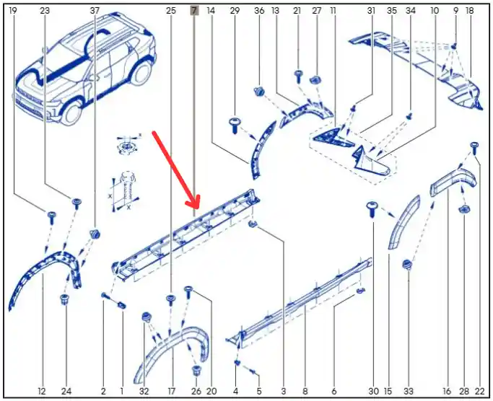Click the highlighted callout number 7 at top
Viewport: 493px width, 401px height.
[194, 11]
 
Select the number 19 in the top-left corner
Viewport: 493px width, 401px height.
[13, 11]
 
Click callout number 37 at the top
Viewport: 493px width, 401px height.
[95, 11]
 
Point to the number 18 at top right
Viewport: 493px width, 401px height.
[469, 11]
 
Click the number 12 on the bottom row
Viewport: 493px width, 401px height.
[42, 391]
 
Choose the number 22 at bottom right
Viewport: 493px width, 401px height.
[480, 391]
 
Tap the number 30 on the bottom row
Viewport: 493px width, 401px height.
[373, 391]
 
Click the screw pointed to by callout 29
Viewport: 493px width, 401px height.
[235, 125]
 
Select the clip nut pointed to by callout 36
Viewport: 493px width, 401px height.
[259, 92]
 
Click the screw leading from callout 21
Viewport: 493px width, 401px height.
[298, 76]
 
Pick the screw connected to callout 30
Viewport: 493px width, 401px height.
[372, 209]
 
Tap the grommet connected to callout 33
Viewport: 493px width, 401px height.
[408, 265]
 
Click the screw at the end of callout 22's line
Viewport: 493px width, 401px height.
[474, 148]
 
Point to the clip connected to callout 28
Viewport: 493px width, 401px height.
[463, 208]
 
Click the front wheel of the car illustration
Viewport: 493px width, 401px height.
[73, 113]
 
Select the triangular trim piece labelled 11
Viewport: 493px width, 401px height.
[332, 138]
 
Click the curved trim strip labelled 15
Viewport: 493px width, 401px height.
[403, 222]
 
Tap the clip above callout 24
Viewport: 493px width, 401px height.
[65, 299]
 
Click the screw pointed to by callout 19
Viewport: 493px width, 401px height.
[51, 218]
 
